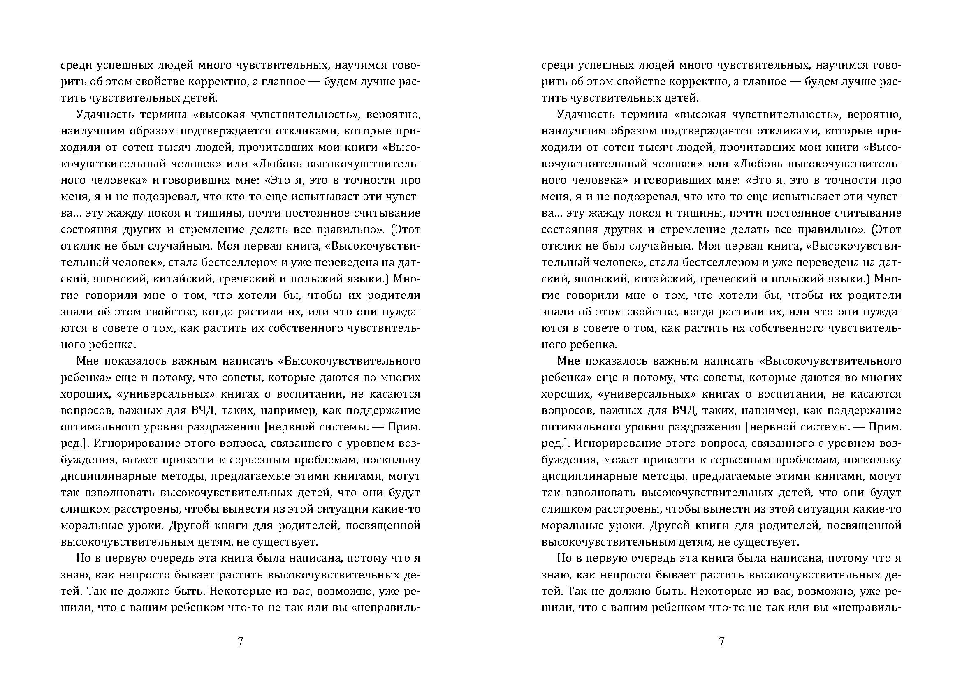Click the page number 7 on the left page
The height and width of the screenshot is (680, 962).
[x=240, y=641]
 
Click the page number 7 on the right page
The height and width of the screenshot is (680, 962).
[x=721, y=641]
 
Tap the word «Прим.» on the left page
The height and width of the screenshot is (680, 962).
[x=403, y=427]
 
